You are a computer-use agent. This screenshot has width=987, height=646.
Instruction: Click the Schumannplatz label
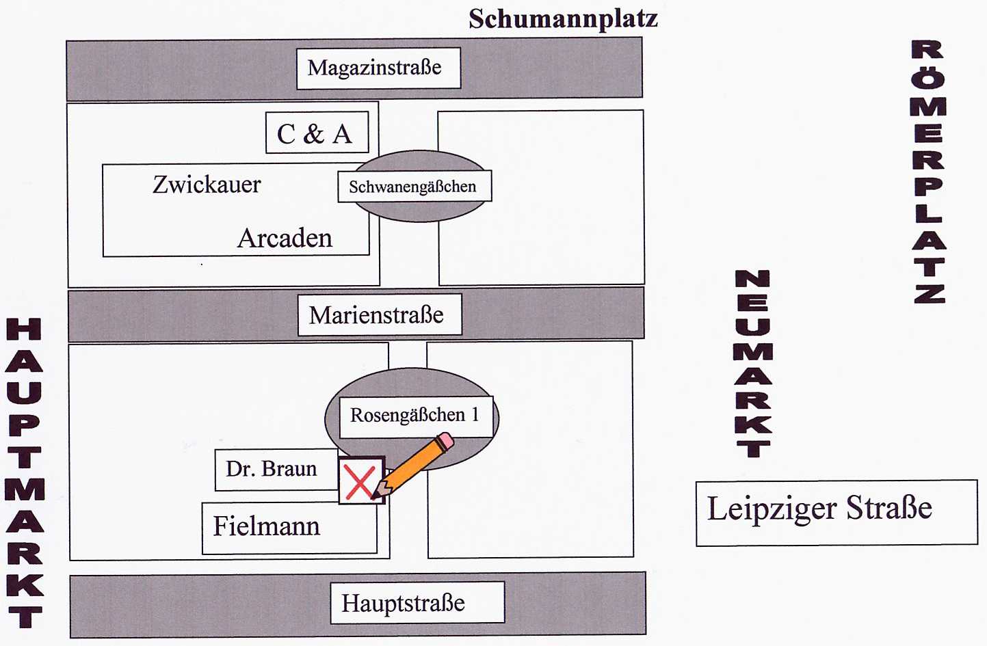click(x=563, y=18)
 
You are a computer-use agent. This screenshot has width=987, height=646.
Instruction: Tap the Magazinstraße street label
click(x=375, y=68)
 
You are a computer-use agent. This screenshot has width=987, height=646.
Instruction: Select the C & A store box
click(x=316, y=133)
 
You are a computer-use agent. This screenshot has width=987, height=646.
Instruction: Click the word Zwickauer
click(x=207, y=185)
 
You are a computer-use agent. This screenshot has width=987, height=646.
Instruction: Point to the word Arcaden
click(x=285, y=239)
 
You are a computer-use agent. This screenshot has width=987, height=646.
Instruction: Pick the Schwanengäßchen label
click(x=412, y=187)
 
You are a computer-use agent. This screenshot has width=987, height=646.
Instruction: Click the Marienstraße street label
click(x=377, y=315)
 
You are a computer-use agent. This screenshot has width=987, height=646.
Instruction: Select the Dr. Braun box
click(x=272, y=469)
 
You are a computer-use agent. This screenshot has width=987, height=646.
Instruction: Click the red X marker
click(x=360, y=481)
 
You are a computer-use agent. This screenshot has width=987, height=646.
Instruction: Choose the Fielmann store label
click(x=267, y=526)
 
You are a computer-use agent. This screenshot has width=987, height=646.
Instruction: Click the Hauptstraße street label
click(x=404, y=603)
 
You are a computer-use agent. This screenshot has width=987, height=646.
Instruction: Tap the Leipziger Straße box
click(x=835, y=512)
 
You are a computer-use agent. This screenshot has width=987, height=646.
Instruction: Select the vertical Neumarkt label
click(x=753, y=363)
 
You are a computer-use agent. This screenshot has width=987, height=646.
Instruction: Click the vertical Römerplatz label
click(x=928, y=172)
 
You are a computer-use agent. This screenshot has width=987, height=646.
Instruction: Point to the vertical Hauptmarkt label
click(x=25, y=473)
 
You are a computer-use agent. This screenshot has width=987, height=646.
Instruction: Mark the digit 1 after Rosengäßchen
click(x=475, y=414)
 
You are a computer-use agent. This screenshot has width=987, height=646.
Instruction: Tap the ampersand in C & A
click(x=313, y=134)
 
